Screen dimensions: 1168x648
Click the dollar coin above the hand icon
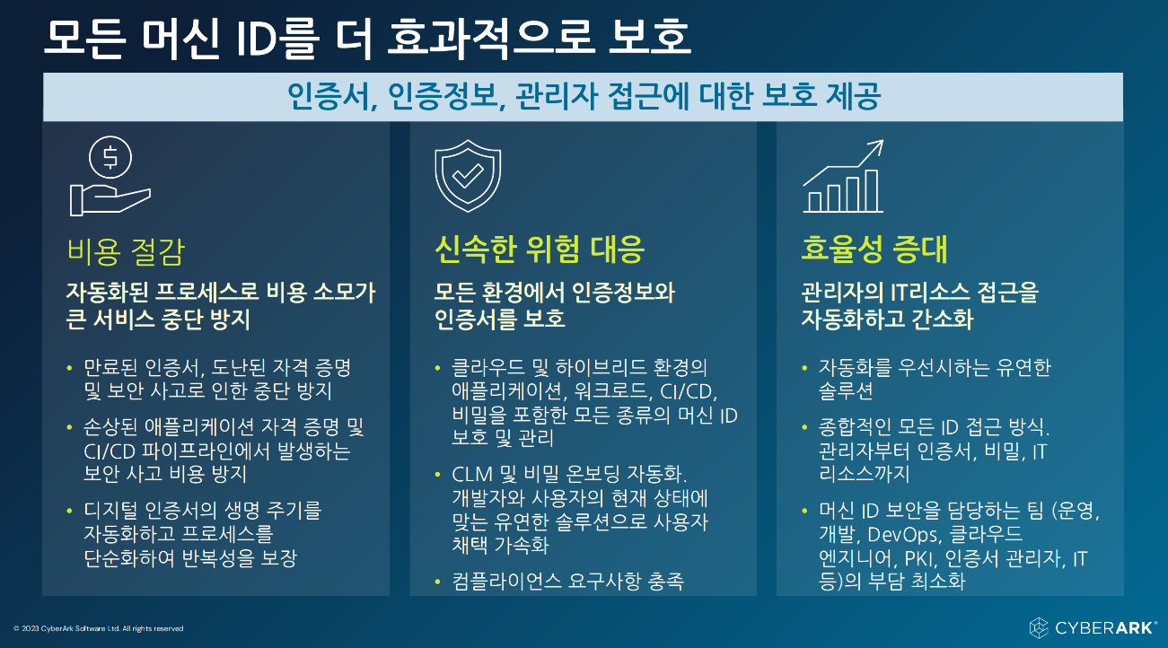click(x=110, y=157)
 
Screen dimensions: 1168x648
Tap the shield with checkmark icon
click(x=468, y=176)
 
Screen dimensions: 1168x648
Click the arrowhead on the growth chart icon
click(x=877, y=146)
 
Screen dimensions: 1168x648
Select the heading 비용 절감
click(x=126, y=252)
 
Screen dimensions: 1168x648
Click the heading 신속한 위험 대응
click(x=540, y=250)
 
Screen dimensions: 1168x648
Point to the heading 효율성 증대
click(x=874, y=250)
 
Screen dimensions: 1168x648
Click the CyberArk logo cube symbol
click(x=1038, y=627)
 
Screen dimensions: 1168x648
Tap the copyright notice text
click(x=99, y=629)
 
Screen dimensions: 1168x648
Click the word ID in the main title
click(x=256, y=39)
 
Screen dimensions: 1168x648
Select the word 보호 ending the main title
click(x=650, y=38)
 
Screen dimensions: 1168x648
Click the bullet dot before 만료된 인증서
click(x=70, y=369)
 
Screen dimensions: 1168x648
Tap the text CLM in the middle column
click(x=472, y=475)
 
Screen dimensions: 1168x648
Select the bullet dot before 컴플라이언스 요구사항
click(x=437, y=582)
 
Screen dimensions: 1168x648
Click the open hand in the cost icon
click(x=110, y=200)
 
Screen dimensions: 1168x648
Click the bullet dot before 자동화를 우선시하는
click(x=804, y=369)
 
